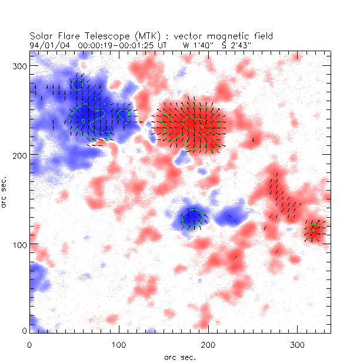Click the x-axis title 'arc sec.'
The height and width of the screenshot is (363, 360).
(180, 357)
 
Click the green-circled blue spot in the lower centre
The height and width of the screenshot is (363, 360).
(192, 219)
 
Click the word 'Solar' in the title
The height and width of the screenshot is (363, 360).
(41, 36)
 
